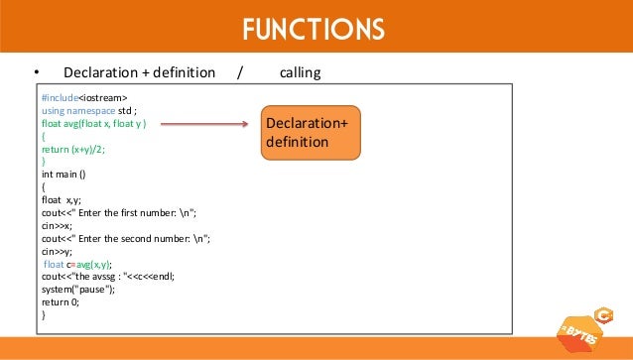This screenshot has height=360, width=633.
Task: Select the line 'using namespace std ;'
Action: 89,112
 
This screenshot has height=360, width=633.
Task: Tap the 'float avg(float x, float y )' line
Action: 94,124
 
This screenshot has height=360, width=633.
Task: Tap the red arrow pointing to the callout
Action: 203,125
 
